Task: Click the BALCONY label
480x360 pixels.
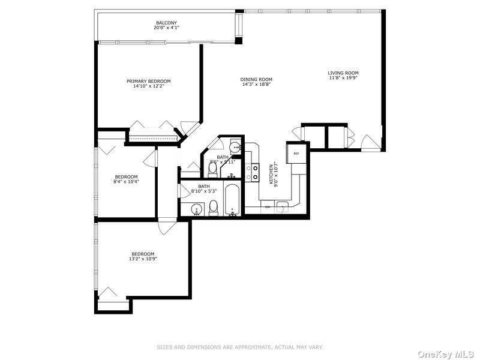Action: (166, 23)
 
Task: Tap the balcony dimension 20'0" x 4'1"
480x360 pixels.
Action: (166, 28)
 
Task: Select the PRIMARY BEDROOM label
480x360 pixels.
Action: (148, 81)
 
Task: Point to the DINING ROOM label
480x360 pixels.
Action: (256, 79)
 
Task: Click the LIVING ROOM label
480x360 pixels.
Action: (343, 73)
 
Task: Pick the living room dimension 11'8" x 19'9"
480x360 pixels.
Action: (343, 78)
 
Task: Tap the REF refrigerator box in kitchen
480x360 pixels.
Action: (296, 154)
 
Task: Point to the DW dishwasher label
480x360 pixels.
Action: (268, 207)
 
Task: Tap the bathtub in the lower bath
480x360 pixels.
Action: (232, 203)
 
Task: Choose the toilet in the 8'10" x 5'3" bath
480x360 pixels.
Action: (213, 208)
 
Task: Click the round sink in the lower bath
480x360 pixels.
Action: (196, 209)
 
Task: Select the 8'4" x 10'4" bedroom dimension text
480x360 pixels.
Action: (126, 181)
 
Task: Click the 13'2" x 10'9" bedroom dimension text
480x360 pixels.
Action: (143, 259)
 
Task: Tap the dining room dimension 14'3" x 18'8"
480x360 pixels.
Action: (256, 85)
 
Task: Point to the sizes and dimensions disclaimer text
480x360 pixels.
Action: (240, 347)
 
